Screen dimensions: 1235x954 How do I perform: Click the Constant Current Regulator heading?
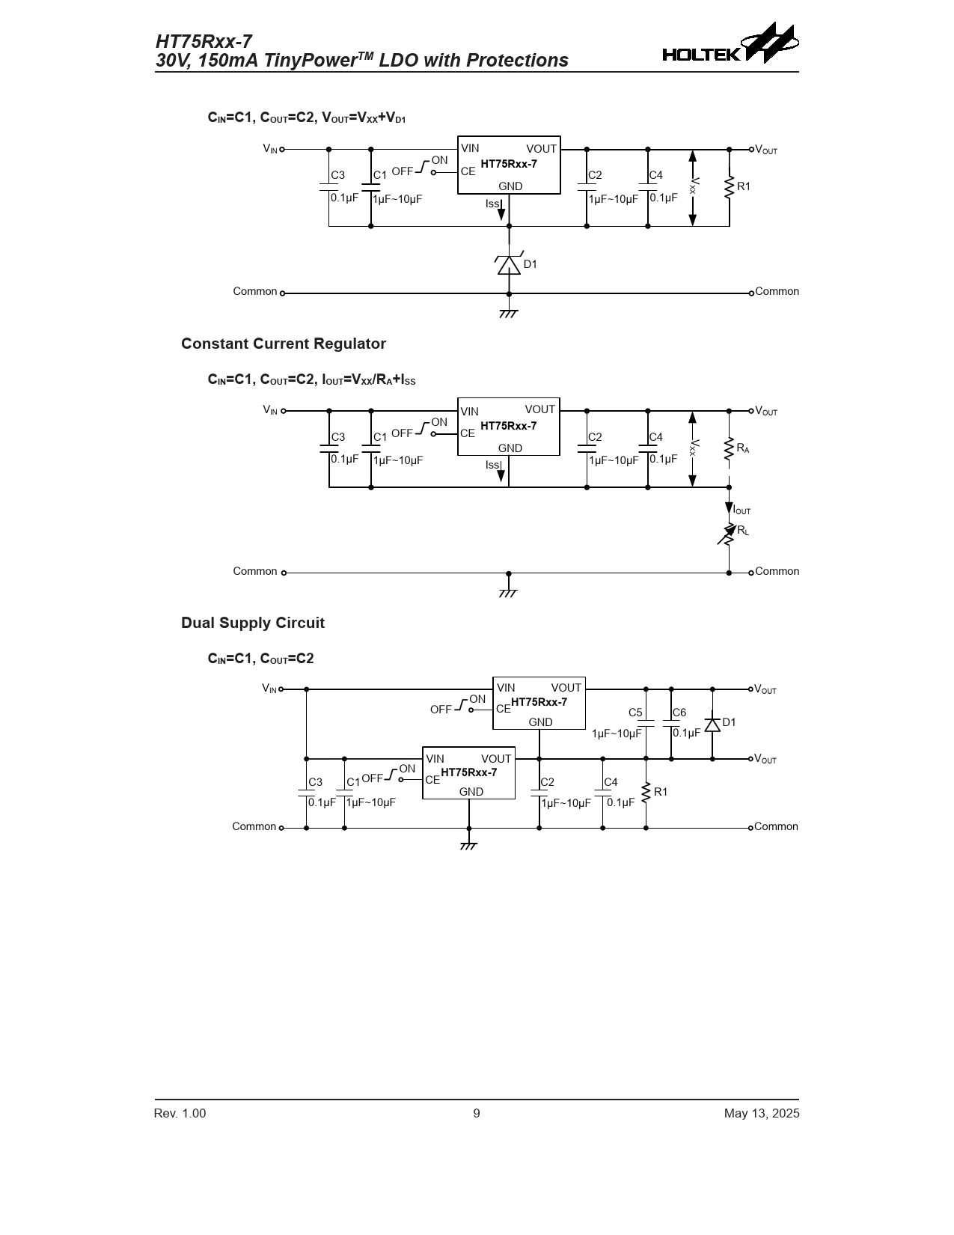click(x=284, y=344)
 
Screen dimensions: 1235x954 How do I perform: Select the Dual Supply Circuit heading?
click(x=253, y=623)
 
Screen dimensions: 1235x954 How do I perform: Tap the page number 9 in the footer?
click(x=477, y=1113)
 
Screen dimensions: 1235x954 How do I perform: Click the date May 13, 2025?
click(x=761, y=1113)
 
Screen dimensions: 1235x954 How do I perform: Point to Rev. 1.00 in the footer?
click(x=180, y=1113)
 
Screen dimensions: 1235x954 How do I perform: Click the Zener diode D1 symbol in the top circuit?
click(x=509, y=265)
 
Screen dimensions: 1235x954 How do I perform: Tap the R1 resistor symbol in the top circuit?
click(x=729, y=188)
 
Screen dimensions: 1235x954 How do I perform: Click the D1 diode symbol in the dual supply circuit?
click(x=712, y=724)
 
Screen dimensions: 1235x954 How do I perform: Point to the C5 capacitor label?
click(x=635, y=713)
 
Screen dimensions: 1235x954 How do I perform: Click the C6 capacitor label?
click(x=679, y=713)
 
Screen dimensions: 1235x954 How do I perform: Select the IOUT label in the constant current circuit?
click(x=741, y=510)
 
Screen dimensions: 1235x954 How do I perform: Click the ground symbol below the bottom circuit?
click(x=468, y=846)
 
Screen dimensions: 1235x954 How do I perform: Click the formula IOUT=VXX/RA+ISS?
click(x=311, y=379)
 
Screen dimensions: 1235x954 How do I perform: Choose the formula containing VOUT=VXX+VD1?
click(x=307, y=118)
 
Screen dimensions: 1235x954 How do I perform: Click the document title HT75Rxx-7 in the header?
click(x=204, y=42)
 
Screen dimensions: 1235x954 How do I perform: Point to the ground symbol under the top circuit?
click(x=509, y=313)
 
